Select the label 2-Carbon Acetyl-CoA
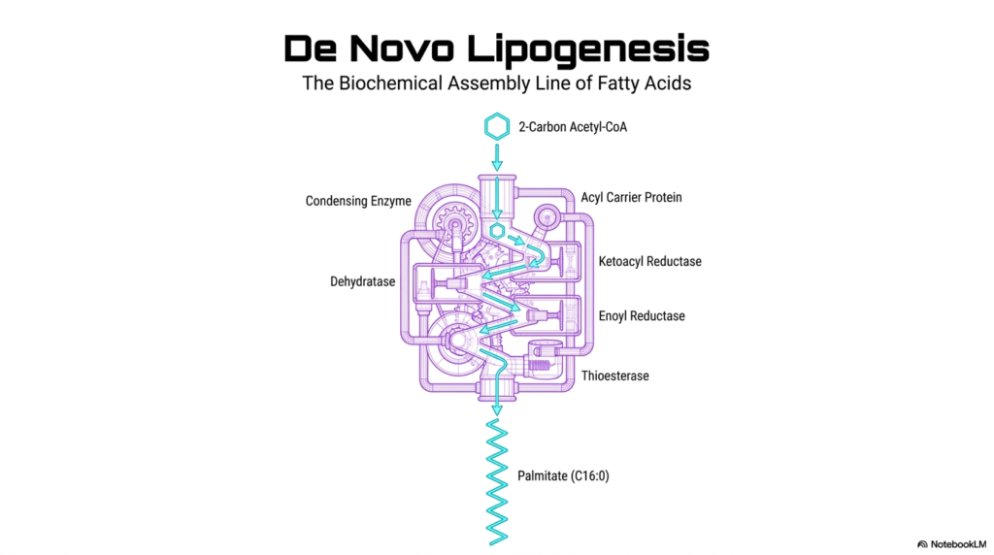573,127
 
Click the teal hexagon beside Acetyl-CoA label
497,127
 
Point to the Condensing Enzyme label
358,201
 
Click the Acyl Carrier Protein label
631,197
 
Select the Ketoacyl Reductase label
649,261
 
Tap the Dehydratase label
363,281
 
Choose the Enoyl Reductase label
642,315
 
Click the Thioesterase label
614,375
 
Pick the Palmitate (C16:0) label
563,475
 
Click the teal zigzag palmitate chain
497,481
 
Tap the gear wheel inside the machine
454,225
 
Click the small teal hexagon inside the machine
497,231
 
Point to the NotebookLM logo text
957,544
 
